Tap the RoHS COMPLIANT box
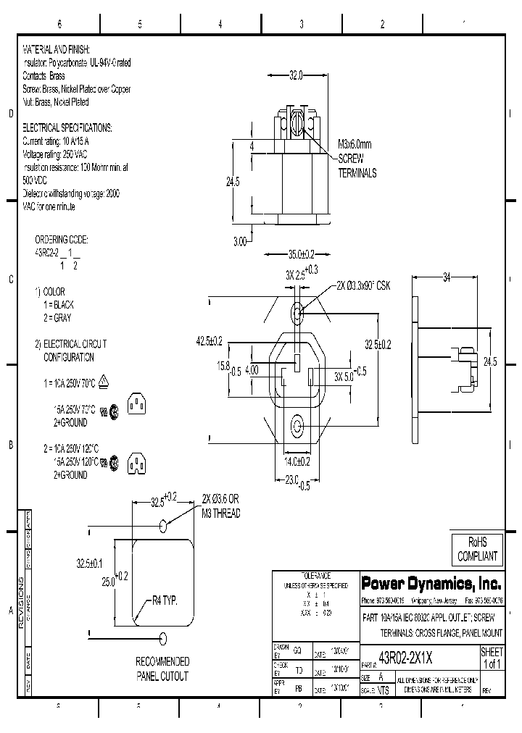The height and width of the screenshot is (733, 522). (475, 550)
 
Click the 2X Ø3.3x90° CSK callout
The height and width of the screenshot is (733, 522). (362, 286)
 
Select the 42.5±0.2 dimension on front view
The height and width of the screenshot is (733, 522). (209, 340)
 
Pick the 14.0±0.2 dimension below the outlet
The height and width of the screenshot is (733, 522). (297, 461)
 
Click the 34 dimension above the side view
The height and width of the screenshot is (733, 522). (447, 277)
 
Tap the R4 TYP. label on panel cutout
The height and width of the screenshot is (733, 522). (165, 600)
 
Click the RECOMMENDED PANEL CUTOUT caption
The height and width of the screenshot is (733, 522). (163, 669)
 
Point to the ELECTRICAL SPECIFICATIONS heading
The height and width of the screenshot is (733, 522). (67, 127)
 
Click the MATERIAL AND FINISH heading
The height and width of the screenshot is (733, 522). (57, 49)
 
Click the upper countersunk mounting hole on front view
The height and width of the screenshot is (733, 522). (297, 314)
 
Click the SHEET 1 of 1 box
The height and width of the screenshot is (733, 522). (492, 658)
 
